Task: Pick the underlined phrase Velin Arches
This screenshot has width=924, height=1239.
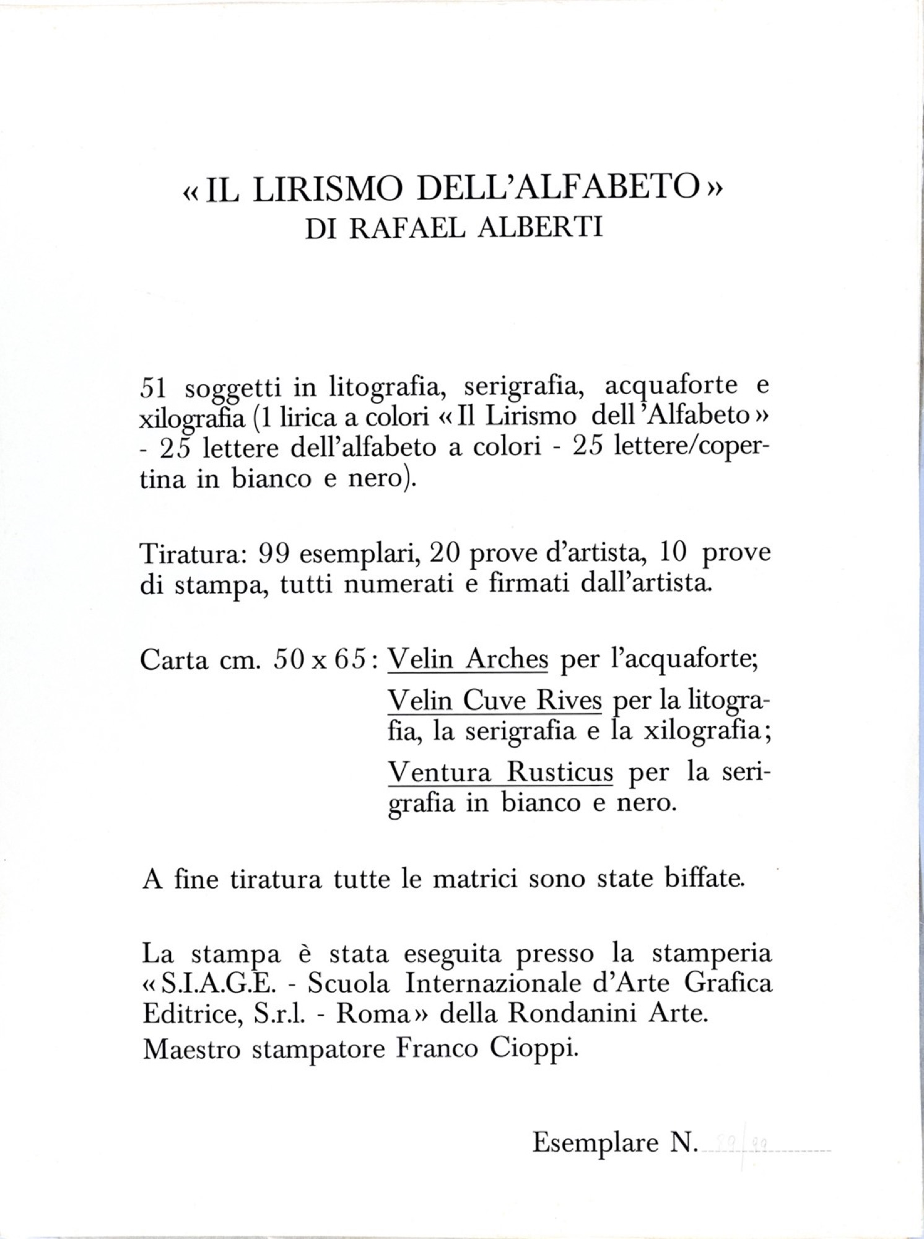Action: tap(468, 660)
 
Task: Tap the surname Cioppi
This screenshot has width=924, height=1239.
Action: tap(539, 1050)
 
